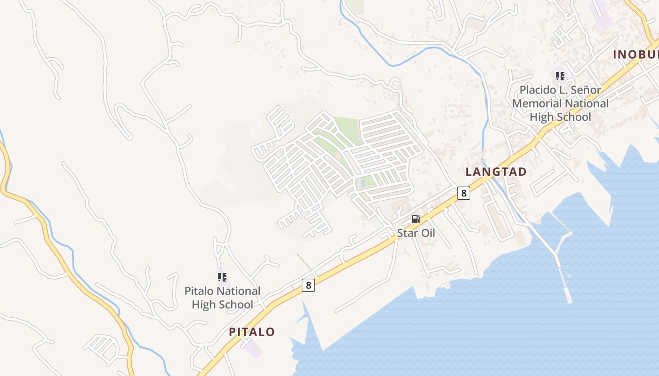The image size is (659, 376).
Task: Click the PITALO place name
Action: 252,332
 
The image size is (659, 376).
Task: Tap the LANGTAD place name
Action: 496,172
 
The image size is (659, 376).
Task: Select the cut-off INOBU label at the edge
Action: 635,55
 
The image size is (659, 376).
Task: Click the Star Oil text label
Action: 416,233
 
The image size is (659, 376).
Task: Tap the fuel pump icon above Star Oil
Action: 416,219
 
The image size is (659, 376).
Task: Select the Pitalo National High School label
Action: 222,298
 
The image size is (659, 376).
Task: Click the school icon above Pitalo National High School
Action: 222,277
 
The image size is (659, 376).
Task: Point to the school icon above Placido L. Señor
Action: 560,76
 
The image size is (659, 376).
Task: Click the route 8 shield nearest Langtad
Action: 464,193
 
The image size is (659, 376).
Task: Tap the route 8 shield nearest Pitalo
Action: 308,285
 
